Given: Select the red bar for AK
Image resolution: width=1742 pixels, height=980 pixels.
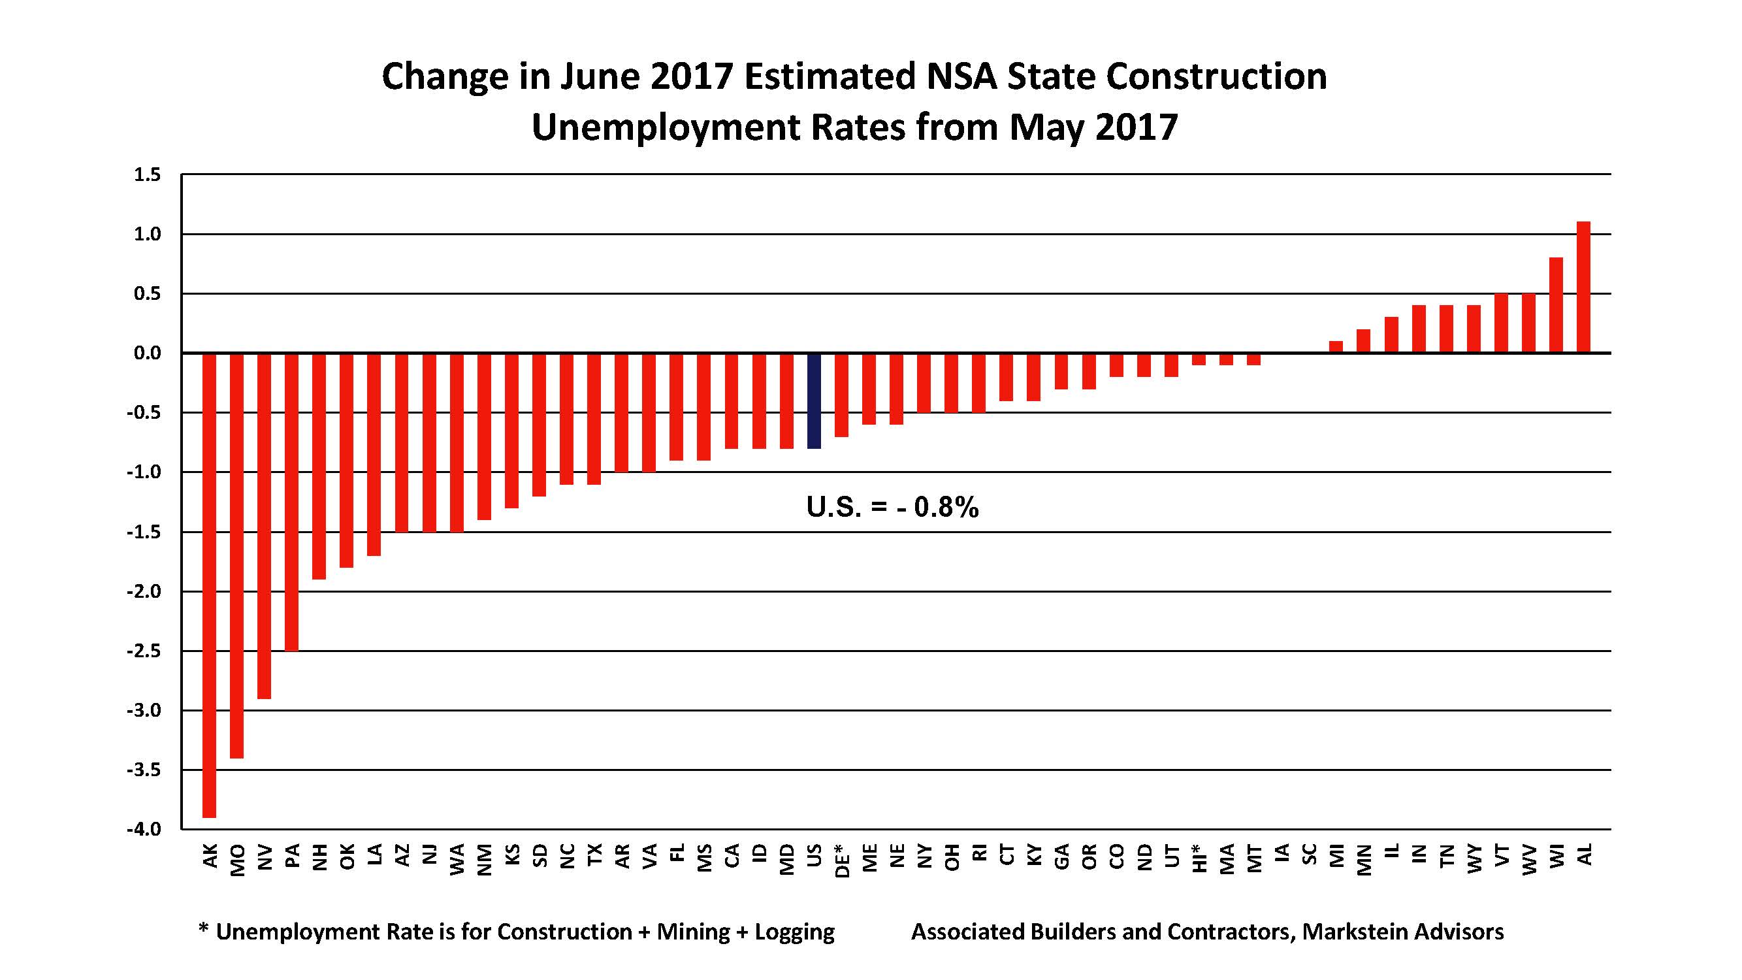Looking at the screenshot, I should [x=209, y=585].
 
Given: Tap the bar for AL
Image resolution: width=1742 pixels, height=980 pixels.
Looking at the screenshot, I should [x=1583, y=287].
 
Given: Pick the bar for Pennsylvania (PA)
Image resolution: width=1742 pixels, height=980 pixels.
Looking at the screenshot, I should [x=291, y=502].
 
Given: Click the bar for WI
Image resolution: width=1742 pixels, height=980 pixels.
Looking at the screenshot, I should [x=1555, y=305].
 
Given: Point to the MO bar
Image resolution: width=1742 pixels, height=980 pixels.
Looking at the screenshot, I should [x=236, y=555].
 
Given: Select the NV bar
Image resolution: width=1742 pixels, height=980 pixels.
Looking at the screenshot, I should [x=265, y=525].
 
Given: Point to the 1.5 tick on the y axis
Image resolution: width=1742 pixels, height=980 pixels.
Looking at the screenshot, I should [x=148, y=175].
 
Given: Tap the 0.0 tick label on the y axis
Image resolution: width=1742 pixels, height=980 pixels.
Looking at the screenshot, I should [x=148, y=353].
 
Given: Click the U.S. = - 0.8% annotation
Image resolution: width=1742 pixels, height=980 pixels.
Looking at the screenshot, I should [x=892, y=507].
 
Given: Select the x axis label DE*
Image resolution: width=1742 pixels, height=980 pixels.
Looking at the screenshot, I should [x=841, y=860].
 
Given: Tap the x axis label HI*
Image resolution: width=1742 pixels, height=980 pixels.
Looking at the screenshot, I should [x=1199, y=859].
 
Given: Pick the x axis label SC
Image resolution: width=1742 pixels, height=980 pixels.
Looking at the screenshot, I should [x=1308, y=854].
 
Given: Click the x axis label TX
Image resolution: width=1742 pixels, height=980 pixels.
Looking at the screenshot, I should [x=594, y=854].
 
